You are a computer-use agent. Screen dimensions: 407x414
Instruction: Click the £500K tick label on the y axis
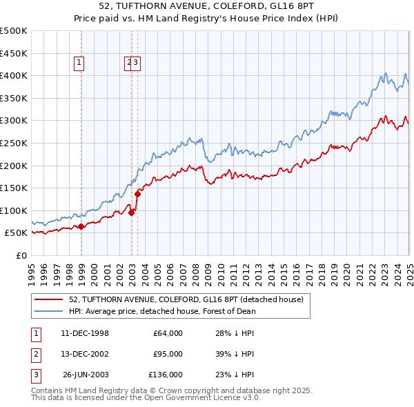click(x=14, y=31)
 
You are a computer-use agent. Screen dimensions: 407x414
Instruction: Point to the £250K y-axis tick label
click(x=14, y=143)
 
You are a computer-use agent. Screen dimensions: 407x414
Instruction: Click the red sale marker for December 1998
click(x=81, y=226)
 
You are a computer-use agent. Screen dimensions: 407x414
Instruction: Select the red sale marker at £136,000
click(x=137, y=194)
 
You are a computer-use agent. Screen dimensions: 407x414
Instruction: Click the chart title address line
click(x=208, y=6)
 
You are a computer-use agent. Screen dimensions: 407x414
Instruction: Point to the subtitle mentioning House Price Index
click(x=208, y=19)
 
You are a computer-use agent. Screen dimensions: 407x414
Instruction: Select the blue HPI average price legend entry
click(x=161, y=311)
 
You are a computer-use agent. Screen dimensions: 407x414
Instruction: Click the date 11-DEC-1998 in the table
click(x=85, y=333)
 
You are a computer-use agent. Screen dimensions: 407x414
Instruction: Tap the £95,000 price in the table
click(x=168, y=354)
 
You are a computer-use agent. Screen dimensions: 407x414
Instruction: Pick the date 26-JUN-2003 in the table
click(x=86, y=375)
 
